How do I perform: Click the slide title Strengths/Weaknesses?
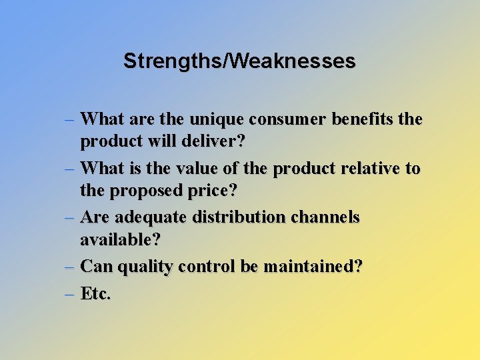point(239,61)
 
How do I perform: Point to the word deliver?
point(218,141)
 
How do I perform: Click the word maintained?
point(313,267)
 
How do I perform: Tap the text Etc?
point(95,293)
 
